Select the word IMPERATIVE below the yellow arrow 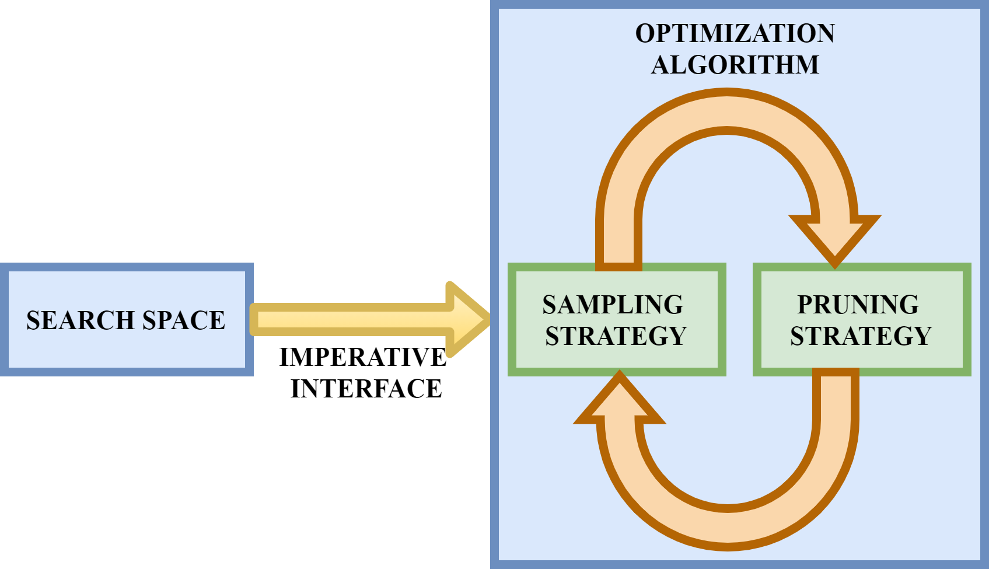[362, 357]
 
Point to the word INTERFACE [366, 389]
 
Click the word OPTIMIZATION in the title [735, 33]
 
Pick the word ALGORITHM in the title [735, 65]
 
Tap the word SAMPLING [613, 305]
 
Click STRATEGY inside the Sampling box [616, 336]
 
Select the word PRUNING [858, 305]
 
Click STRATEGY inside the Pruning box [861, 336]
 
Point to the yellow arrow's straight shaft [350, 319]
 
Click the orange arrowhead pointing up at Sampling [620, 403]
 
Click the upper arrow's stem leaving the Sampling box [618, 245]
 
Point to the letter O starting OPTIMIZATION [646, 33]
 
